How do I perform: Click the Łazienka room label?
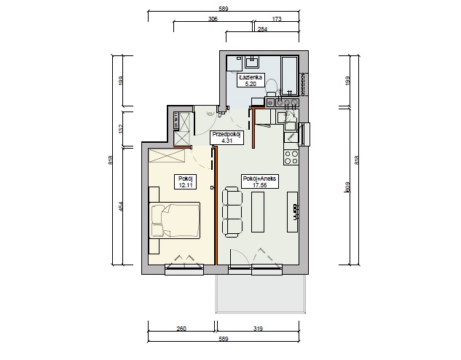tap(251, 79)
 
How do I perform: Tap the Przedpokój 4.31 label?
tap(226, 138)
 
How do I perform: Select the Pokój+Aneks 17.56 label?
tap(259, 181)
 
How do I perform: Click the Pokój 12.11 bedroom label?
tap(185, 181)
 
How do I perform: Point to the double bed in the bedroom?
tap(175, 219)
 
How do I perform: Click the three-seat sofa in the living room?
tap(232, 212)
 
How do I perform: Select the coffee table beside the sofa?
tap(258, 212)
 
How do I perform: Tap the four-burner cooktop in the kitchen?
tap(291, 157)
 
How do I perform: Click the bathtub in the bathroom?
tap(290, 76)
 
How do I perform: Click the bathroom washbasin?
tap(252, 63)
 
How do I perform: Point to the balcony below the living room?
tap(261, 294)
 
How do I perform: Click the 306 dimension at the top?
tap(213, 19)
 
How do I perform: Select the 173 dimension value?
tap(277, 19)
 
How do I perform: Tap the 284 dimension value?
tap(262, 29)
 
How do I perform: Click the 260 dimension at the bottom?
tap(181, 329)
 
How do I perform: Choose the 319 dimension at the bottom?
tap(258, 329)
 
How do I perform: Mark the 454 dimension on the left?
tap(120, 206)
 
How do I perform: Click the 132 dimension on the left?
tap(120, 128)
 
